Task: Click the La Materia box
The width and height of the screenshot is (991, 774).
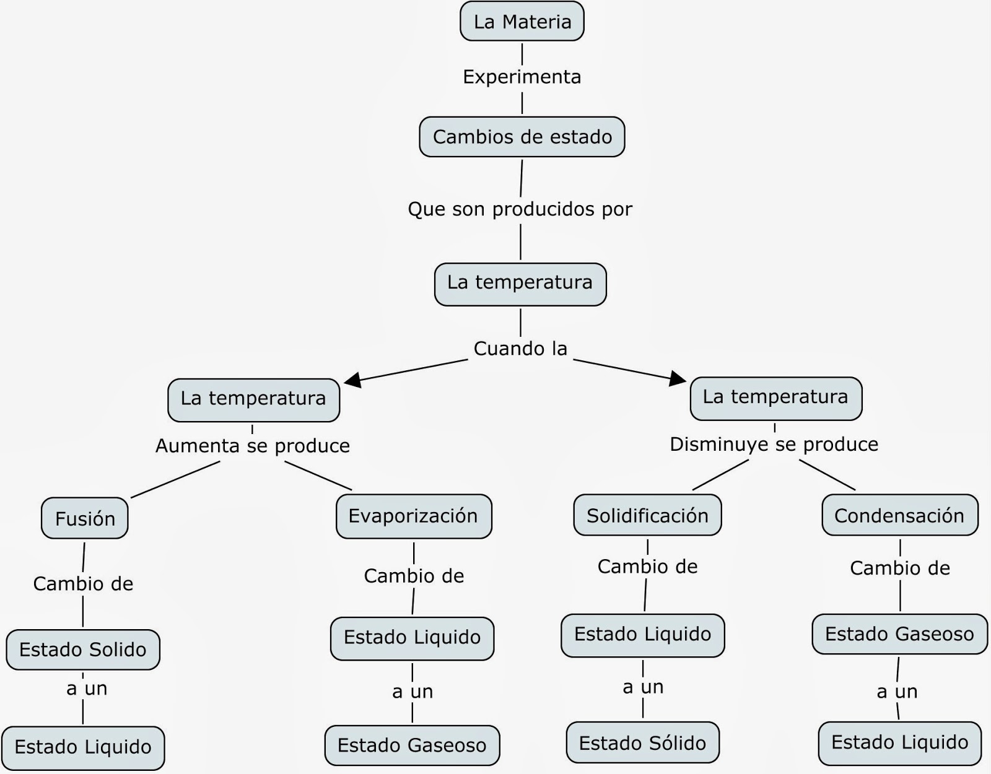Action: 522,22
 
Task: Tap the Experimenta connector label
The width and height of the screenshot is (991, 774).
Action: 522,77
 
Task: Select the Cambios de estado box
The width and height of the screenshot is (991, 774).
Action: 522,137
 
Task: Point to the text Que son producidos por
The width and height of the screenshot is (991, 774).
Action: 520,209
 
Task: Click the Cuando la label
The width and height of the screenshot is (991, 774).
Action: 520,349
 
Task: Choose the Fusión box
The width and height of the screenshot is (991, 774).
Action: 85,518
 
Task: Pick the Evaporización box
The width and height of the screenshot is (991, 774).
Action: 413,516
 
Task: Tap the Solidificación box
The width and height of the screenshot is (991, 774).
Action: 647,515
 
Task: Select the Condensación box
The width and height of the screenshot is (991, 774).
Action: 899,515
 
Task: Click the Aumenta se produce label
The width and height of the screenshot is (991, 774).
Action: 253,446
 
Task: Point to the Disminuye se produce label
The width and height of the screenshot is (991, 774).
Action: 774,444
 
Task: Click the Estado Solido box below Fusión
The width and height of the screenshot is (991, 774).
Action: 83,650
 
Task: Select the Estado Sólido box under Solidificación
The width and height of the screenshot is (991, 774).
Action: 642,742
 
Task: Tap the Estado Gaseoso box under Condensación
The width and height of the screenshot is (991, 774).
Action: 899,634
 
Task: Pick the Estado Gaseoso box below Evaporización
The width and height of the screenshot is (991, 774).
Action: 412,746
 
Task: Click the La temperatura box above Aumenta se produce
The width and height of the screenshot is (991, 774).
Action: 253,398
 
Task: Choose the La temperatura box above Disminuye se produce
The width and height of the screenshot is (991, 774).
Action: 775,397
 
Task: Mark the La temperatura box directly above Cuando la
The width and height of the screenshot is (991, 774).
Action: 520,283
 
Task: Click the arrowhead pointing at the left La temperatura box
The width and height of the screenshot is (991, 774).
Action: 352,380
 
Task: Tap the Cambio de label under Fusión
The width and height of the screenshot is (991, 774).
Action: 83,584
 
